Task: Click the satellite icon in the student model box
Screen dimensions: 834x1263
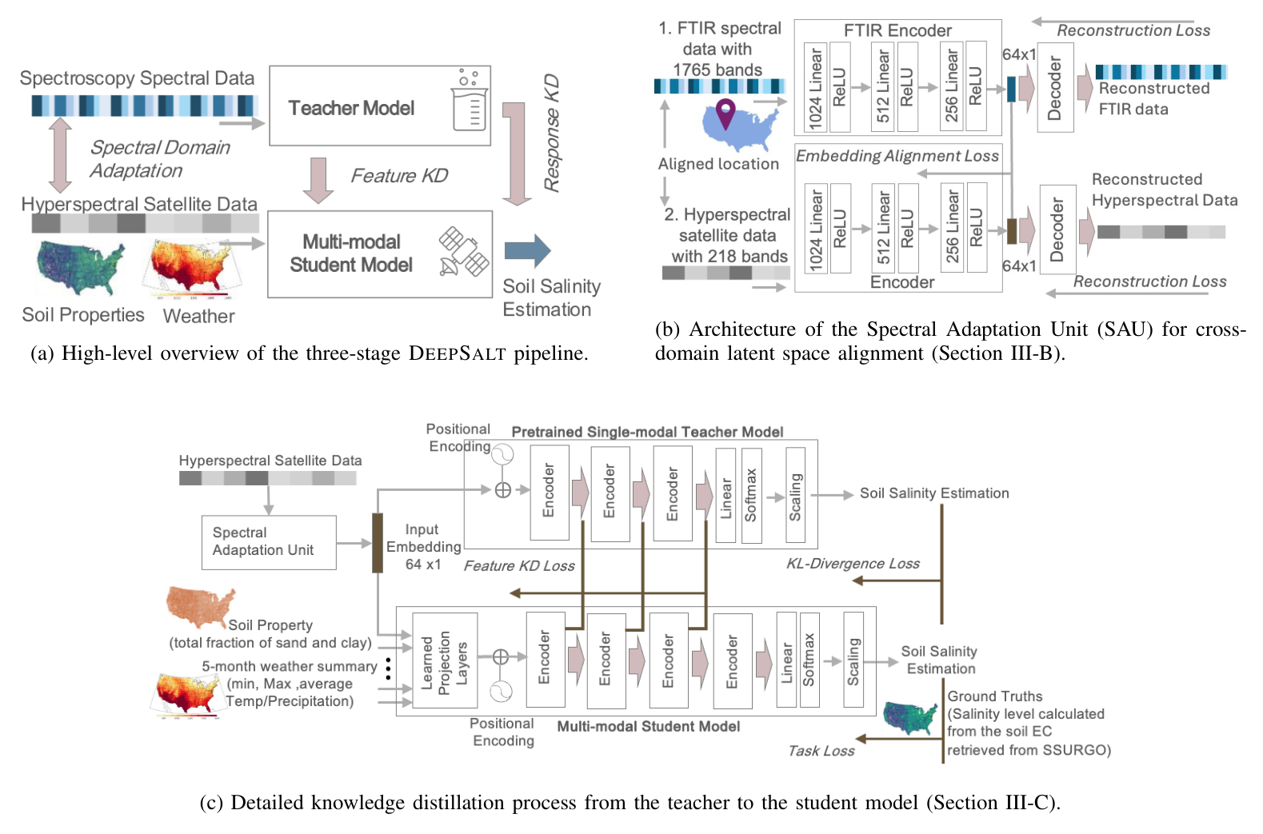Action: pyautogui.click(x=463, y=252)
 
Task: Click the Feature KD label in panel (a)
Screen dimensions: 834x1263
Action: pyautogui.click(x=399, y=176)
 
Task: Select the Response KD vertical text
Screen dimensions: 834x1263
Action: pyautogui.click(x=552, y=133)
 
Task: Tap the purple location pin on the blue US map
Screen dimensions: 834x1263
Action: pyautogui.click(x=725, y=113)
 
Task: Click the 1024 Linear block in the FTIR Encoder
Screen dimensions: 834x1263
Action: pyautogui.click(x=815, y=87)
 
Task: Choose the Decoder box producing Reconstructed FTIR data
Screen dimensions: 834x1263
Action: pyautogui.click(x=1055, y=87)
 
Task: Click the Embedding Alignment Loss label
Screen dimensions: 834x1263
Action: pyautogui.click(x=897, y=156)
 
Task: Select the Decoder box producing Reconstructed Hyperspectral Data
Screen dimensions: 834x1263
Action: pyautogui.click(x=1057, y=229)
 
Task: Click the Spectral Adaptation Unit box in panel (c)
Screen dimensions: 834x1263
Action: pyautogui.click(x=269, y=541)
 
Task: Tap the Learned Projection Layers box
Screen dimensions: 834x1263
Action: pyautogui.click(x=445, y=660)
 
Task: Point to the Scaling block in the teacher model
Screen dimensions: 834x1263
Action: pyautogui.click(x=796, y=496)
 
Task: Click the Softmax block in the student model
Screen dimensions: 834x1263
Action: pyautogui.click(x=809, y=660)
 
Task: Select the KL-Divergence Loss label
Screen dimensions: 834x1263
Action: pyautogui.click(x=853, y=564)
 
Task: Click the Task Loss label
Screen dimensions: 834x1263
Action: pyautogui.click(x=821, y=751)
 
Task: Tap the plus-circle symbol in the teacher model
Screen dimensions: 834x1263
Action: pyautogui.click(x=503, y=490)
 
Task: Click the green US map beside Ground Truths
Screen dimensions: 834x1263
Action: pyautogui.click(x=911, y=717)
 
